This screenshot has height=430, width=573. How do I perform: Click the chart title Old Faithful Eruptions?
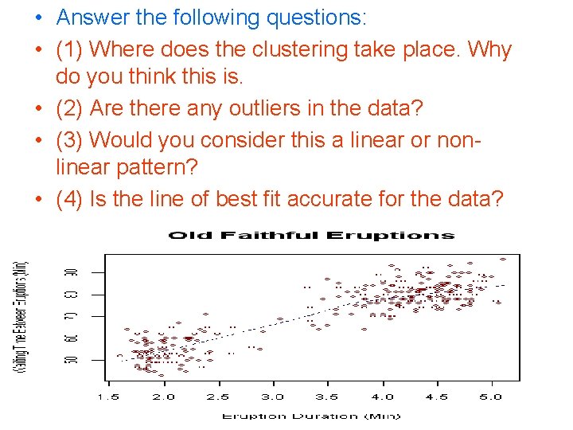311,235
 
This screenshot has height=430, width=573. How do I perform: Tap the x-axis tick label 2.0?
163,397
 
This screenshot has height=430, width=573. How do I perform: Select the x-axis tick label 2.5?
218,397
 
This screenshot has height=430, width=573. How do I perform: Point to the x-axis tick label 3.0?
272,397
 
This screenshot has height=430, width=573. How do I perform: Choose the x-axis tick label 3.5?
327,397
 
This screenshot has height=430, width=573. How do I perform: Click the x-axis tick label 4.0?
382,397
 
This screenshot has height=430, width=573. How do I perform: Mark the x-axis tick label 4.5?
436,397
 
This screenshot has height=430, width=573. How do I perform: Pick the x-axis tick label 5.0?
491,397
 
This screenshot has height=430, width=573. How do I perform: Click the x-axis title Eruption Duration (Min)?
311,416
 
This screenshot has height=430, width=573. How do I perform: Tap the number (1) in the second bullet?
70,50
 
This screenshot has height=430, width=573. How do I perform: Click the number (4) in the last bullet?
70,198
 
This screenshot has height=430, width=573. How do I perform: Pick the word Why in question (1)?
490,50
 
